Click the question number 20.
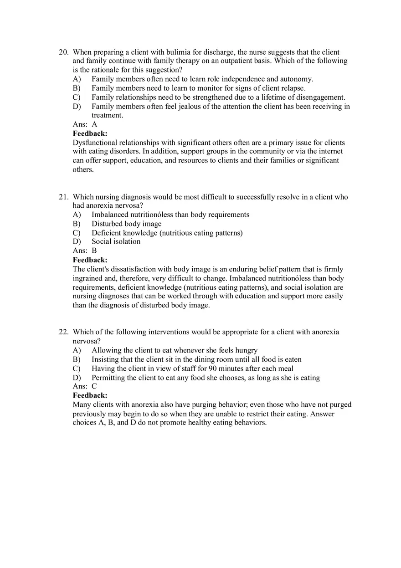click(x=63, y=52)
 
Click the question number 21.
click(x=63, y=197)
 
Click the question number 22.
click(x=63, y=332)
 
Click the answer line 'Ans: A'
click(x=85, y=124)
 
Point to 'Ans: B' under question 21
click(x=85, y=251)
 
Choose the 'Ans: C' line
click(x=85, y=386)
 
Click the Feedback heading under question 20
click(x=90, y=133)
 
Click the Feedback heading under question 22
click(x=90, y=395)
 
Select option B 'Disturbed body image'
click(x=126, y=224)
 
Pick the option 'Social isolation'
click(x=116, y=241)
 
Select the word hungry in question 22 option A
click(x=246, y=350)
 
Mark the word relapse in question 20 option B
click(x=292, y=88)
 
